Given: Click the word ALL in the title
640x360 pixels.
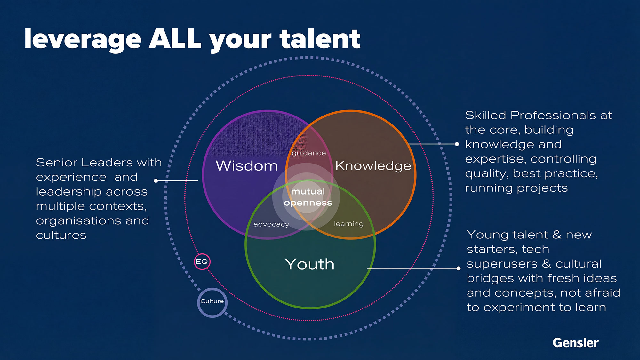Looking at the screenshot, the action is (x=175, y=39).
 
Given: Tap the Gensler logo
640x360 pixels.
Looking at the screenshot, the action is (x=575, y=343).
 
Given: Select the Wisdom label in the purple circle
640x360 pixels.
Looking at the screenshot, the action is (x=247, y=166).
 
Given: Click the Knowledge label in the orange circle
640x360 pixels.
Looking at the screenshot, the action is (x=373, y=166).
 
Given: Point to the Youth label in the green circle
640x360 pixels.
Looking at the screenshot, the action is (x=309, y=264).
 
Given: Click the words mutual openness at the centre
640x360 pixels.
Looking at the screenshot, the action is (x=308, y=197).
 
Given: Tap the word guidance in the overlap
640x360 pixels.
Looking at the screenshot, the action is (x=309, y=153).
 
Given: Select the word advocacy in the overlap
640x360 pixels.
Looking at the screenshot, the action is (x=271, y=224).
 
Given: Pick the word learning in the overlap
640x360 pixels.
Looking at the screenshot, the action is (x=349, y=224).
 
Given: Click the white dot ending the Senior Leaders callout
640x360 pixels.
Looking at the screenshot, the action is (x=156, y=181).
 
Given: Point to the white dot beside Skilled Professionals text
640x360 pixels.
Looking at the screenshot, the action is (x=457, y=144).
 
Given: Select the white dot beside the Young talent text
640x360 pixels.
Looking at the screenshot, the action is (x=459, y=268).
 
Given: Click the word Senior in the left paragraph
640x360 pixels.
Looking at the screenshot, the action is (x=57, y=163).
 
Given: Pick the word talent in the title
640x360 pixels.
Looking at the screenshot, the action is (x=320, y=39).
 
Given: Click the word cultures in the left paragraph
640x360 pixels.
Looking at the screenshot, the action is (x=61, y=235).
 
